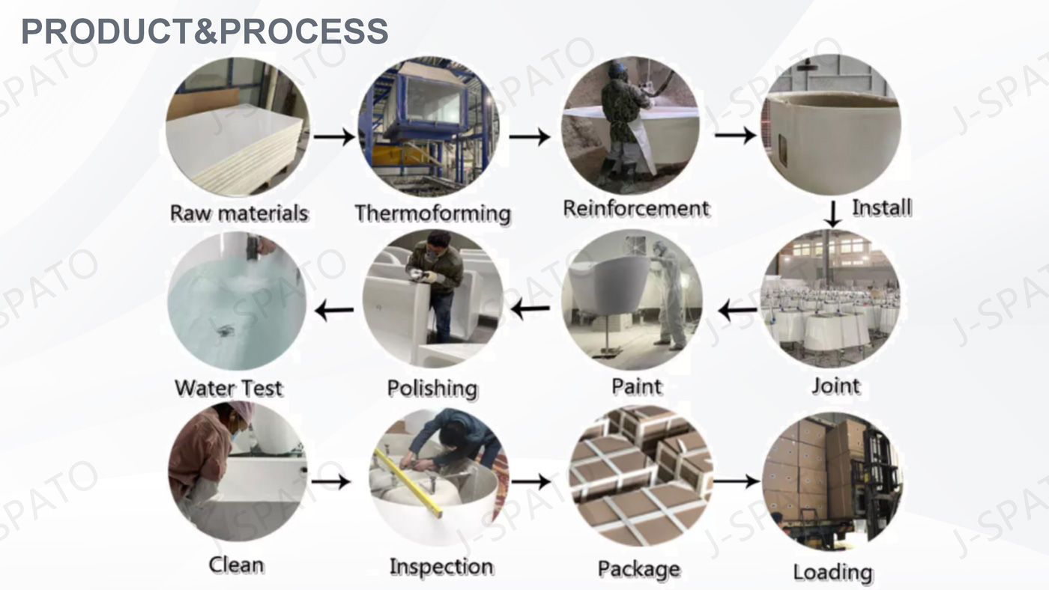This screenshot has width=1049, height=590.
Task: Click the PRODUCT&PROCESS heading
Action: [205, 31]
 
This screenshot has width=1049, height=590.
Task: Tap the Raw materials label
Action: [239, 213]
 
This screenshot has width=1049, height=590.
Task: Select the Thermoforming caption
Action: [432, 213]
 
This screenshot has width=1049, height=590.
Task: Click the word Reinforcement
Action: [635, 208]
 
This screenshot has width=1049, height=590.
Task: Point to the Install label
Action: [881, 207]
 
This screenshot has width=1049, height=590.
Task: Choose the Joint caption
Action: [835, 386]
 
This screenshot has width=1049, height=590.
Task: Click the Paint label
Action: [636, 387]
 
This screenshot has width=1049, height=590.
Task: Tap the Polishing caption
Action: [432, 389]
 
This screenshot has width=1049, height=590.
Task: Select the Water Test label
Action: [229, 389]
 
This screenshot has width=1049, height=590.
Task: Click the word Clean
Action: [236, 565]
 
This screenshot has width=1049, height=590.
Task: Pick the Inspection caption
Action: [441, 567]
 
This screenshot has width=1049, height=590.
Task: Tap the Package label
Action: [638, 569]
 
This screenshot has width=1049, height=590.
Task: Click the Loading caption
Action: [832, 573]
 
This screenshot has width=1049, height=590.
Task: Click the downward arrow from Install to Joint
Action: [832, 213]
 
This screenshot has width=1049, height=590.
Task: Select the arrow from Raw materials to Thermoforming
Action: [333, 137]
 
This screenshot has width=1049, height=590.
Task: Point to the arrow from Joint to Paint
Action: [737, 309]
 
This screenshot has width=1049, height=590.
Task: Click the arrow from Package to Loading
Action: [737, 481]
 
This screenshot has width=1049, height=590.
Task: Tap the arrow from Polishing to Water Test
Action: [334, 310]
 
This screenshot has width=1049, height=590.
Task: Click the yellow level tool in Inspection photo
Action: [408, 483]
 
